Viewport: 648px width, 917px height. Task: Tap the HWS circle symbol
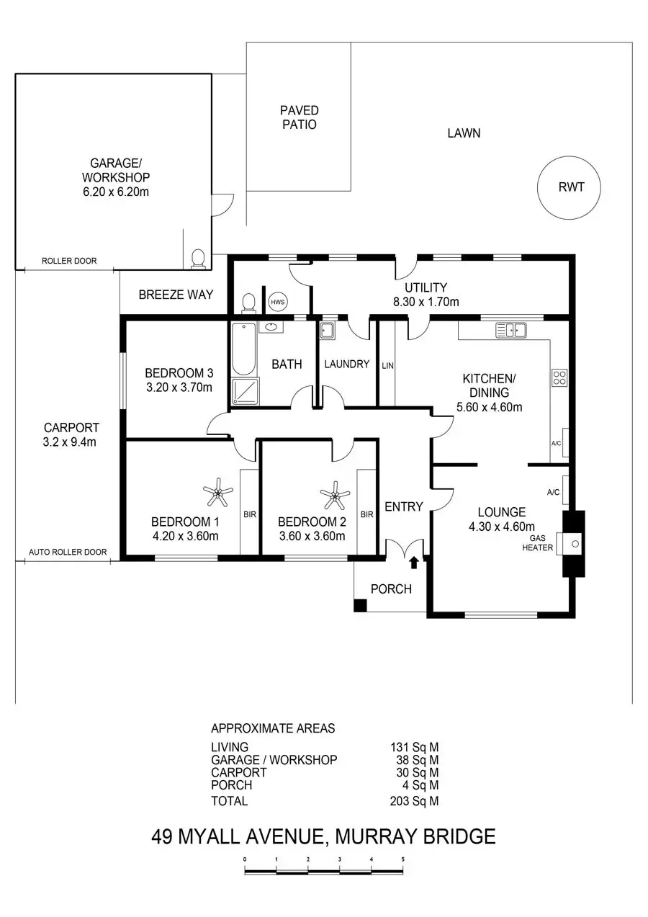(x=277, y=302)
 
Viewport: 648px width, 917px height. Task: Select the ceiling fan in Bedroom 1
(x=218, y=494)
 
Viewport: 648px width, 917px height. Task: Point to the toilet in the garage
(x=198, y=259)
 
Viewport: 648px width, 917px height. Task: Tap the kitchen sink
(x=511, y=331)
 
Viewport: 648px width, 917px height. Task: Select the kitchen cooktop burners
(x=559, y=377)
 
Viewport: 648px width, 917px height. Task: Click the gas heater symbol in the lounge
(x=573, y=544)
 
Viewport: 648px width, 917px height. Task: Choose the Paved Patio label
(x=300, y=117)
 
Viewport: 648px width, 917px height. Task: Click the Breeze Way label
(x=176, y=295)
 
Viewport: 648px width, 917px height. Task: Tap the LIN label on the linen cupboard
(x=387, y=365)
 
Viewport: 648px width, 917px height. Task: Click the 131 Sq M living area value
(x=414, y=747)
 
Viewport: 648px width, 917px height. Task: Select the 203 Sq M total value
(x=414, y=801)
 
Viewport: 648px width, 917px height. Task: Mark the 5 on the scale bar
(x=403, y=859)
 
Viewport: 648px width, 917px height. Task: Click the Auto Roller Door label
(x=68, y=553)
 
